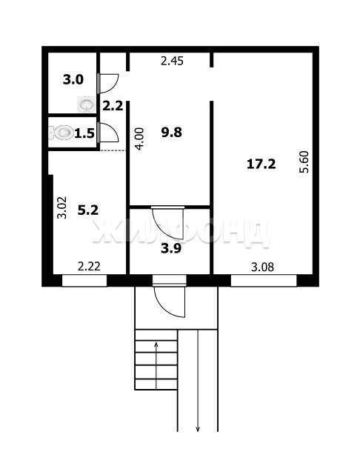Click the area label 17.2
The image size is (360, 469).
tap(261, 164)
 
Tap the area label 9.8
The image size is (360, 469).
tap(171, 132)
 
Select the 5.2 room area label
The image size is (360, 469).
tap(88, 210)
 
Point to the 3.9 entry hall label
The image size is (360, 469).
tap(171, 248)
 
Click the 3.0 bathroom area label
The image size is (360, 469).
tap(73, 80)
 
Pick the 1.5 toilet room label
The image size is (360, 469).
tap(84, 133)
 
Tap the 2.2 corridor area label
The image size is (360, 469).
tap(113, 106)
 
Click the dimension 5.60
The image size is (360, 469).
tap(304, 162)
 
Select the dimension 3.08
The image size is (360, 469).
tap(262, 267)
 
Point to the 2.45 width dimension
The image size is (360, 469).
tap(172, 61)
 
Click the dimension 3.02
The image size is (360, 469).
tap(62, 207)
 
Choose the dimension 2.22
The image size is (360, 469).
tap(89, 266)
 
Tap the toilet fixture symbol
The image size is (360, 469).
tap(64, 133)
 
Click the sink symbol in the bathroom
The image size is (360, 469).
tap(87, 104)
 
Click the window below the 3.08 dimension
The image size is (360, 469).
tap(264, 281)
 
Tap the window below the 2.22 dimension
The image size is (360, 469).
tap(84, 281)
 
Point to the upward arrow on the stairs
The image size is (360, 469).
tap(156, 365)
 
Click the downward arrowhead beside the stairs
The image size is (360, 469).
tap(198, 429)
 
